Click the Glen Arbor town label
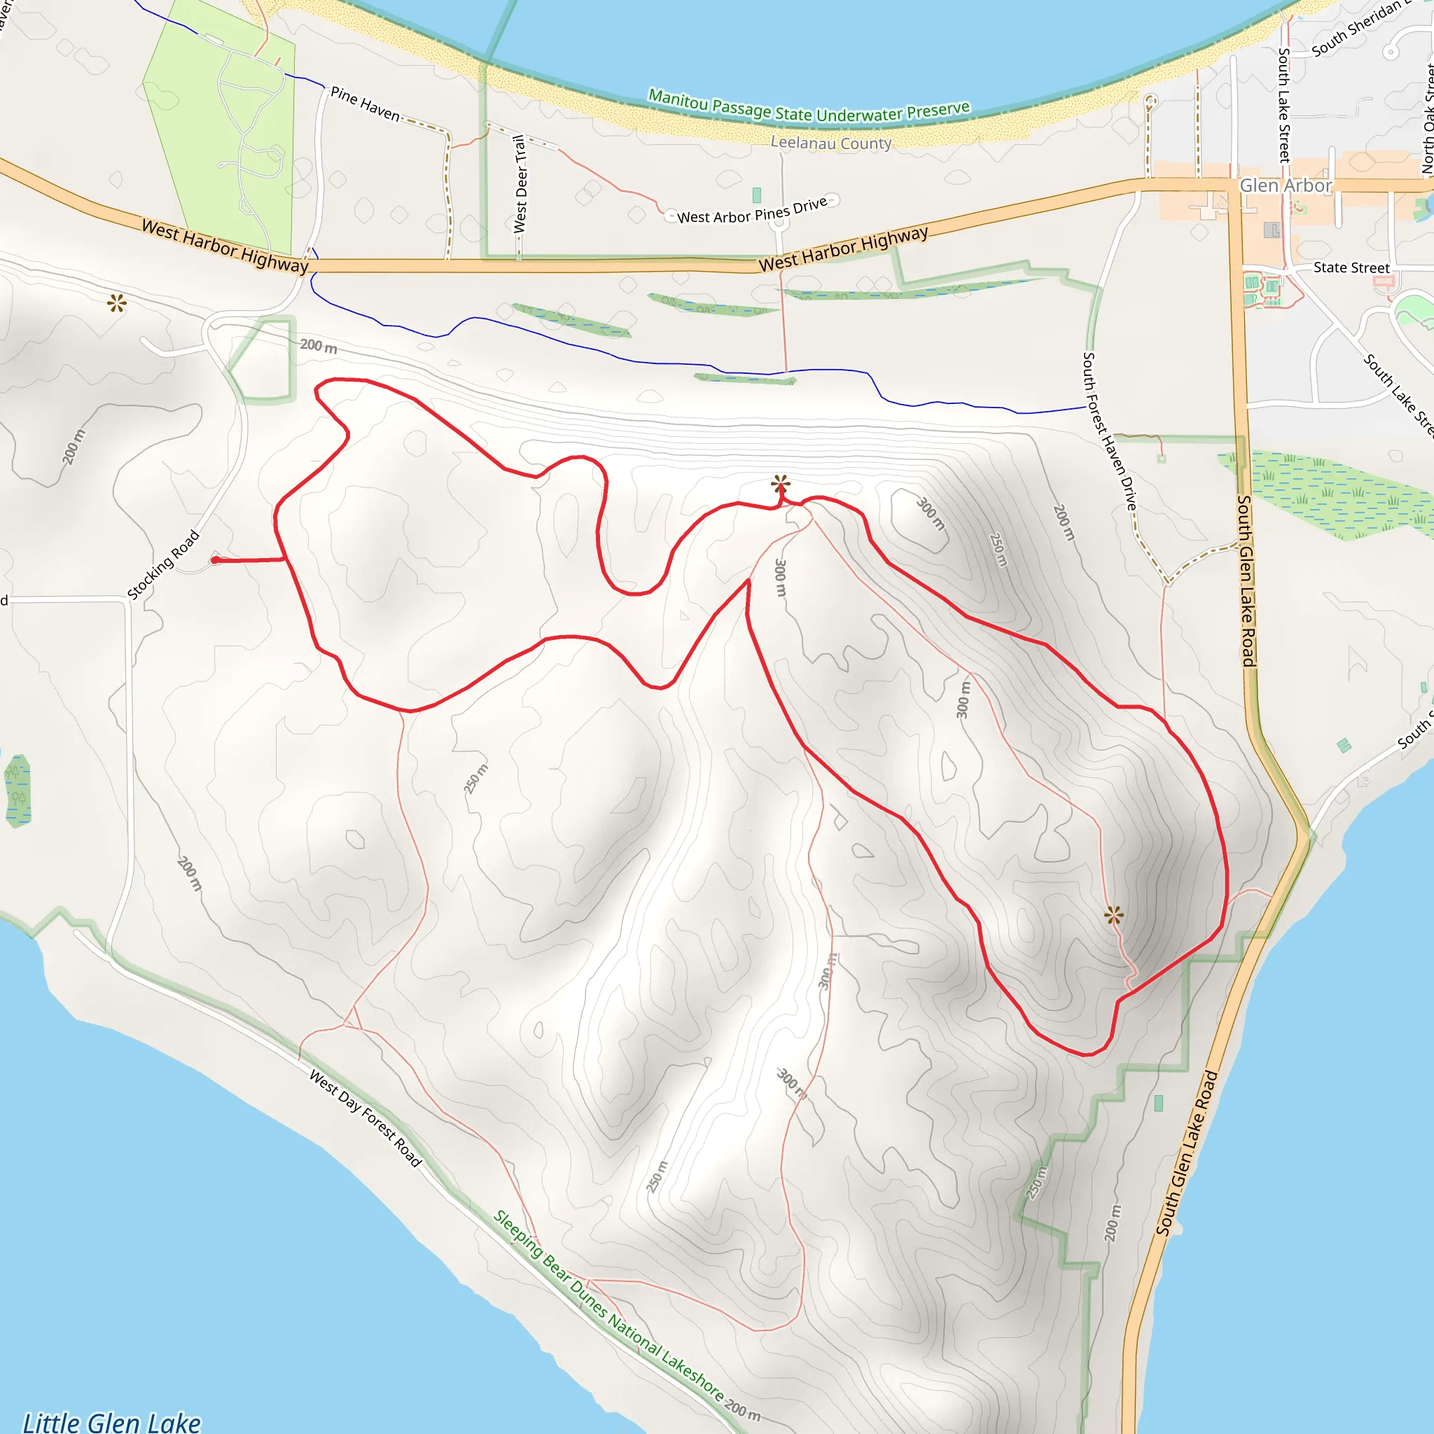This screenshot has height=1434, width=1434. point(1286,186)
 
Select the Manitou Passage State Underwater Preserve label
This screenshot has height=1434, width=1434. point(809,109)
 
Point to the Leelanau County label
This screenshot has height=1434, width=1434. point(830,143)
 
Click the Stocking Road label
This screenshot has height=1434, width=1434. point(163,565)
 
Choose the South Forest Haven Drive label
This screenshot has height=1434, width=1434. point(1109,431)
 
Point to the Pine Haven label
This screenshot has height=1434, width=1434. point(366,104)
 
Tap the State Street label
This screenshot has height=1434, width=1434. point(1351,268)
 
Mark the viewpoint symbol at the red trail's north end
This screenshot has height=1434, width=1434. point(780,485)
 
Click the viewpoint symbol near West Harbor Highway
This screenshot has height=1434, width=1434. point(116,302)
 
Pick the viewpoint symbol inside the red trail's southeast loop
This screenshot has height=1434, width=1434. point(1113,915)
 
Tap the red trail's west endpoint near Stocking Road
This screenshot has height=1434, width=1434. point(215,560)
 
